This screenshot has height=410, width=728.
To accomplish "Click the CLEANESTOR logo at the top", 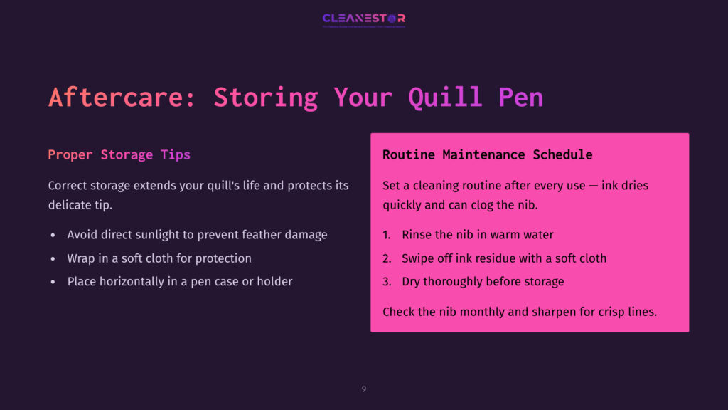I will coord(363,19).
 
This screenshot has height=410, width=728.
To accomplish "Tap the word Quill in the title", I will coord(444,98).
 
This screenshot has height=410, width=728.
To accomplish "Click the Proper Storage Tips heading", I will coord(119,154).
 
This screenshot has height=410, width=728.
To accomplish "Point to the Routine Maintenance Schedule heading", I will coord(487,154).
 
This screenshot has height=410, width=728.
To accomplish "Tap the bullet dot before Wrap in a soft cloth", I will coord(53,258).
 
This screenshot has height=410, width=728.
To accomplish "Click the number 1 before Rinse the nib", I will coord(386,234).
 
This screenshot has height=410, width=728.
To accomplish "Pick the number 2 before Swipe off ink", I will coord(386,258).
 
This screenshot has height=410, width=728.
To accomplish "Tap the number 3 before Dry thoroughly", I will coord(386,281).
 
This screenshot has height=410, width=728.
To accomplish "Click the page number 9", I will coord(364,389).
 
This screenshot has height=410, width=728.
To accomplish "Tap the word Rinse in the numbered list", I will coord(417,234).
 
